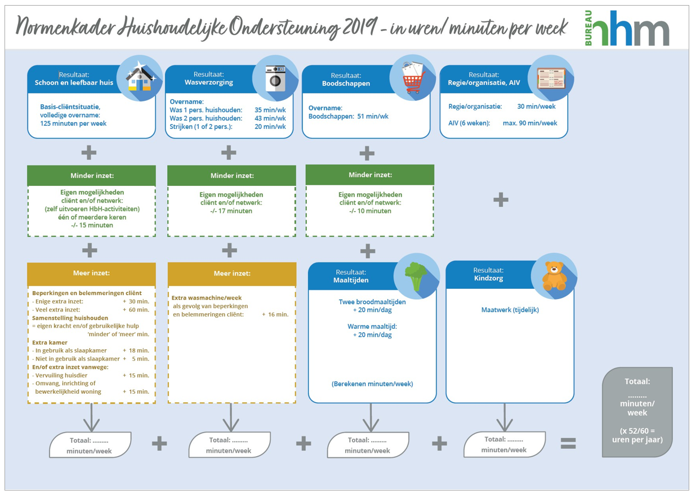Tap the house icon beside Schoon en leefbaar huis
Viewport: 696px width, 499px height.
point(139,78)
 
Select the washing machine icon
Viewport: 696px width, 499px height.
point(276,79)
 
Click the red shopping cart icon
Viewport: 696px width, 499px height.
point(413,79)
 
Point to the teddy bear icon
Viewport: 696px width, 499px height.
point(554,275)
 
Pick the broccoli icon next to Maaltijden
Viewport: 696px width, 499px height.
point(416,277)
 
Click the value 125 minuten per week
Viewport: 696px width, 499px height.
point(73,123)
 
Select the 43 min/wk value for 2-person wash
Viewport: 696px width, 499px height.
point(270,118)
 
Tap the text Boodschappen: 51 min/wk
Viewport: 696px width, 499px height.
point(349,117)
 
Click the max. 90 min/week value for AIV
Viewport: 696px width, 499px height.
point(530,123)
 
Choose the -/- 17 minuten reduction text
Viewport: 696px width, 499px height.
point(231,211)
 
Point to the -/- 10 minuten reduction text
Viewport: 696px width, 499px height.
point(370,211)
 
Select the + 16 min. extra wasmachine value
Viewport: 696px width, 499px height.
point(275,314)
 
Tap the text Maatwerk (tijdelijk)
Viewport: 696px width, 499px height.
point(510,310)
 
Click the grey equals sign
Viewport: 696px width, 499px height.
point(568,444)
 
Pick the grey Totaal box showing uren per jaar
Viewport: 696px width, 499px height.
point(637,412)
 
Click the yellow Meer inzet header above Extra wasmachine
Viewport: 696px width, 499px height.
point(231,274)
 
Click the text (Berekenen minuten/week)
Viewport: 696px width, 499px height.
point(372,384)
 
